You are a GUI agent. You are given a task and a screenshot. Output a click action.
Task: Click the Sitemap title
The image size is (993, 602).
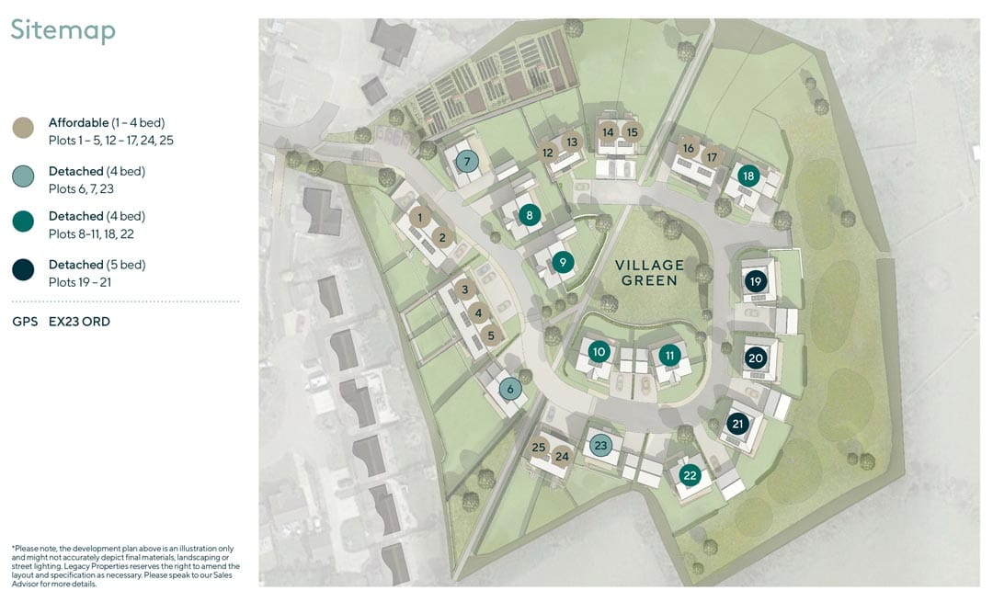click(63, 30)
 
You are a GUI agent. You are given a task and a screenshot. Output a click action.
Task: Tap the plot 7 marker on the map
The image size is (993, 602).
click(467, 162)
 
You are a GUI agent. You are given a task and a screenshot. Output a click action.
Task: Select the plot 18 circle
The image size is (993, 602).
click(748, 176)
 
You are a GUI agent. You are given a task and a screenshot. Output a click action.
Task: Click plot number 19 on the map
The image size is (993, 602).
click(755, 281)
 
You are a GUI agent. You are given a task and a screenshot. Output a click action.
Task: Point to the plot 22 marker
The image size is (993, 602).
click(690, 475)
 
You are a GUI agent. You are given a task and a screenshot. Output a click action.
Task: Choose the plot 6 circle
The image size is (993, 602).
click(510, 390)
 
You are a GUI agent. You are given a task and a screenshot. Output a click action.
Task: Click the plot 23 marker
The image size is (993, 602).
click(600, 446)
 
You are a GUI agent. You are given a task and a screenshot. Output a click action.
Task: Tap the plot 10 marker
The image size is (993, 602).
click(599, 352)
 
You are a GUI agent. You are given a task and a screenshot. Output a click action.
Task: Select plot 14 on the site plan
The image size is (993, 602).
click(608, 132)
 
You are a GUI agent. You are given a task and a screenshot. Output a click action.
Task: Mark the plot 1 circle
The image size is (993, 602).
click(419, 218)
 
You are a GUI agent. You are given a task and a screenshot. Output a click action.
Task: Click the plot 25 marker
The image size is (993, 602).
click(538, 448)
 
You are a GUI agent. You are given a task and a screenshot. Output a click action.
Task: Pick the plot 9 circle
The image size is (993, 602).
click(563, 262)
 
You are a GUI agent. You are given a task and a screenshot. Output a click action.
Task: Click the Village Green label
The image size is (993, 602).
click(650, 273)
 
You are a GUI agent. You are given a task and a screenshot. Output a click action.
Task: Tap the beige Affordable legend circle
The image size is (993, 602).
click(23, 128)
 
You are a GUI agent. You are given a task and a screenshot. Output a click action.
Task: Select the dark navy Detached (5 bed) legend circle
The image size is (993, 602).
click(23, 269)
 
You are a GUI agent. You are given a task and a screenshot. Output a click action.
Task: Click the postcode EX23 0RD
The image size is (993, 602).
click(79, 322)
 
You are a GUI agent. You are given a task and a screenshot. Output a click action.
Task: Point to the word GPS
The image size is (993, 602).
click(25, 322)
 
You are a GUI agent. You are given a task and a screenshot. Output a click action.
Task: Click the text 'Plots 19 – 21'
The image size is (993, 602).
click(80, 282)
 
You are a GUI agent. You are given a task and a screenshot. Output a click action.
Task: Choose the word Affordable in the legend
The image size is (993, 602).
click(78, 122)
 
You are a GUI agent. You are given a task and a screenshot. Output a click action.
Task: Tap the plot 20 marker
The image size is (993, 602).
click(755, 358)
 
